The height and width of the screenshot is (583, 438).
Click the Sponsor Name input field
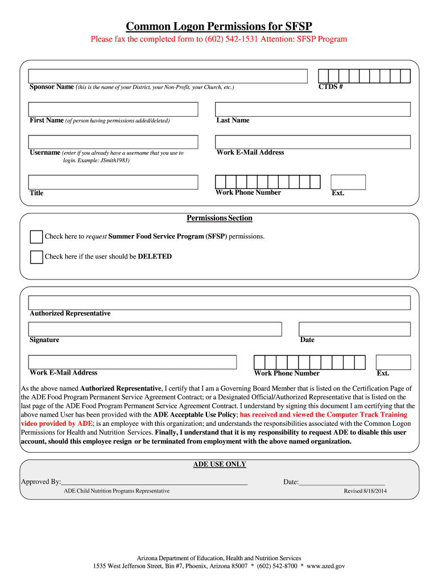coord(168,76)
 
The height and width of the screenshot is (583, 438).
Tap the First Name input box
coord(114,109)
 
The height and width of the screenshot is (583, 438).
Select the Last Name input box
coord(312,109)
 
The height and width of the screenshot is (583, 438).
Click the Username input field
coord(114,142)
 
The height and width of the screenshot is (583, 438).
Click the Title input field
coord(114,182)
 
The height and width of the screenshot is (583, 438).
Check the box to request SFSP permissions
coord(36,237)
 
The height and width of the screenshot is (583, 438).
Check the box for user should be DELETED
coord(36,257)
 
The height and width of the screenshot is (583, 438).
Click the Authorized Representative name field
coord(219,302)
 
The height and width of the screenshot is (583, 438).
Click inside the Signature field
coord(155,329)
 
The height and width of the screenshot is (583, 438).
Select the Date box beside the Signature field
coord(354,329)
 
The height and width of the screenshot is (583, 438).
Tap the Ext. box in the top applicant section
coord(348,182)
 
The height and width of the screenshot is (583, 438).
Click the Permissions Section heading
coord(220,218)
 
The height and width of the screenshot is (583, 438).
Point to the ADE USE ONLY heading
coord(220,464)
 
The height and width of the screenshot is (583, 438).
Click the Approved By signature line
coord(154,482)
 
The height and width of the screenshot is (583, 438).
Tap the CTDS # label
coord(330,87)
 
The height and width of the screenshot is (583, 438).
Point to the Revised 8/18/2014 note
coord(365,491)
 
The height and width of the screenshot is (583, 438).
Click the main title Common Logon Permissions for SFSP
coord(219,26)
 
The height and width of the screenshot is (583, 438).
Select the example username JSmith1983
coord(114,161)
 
